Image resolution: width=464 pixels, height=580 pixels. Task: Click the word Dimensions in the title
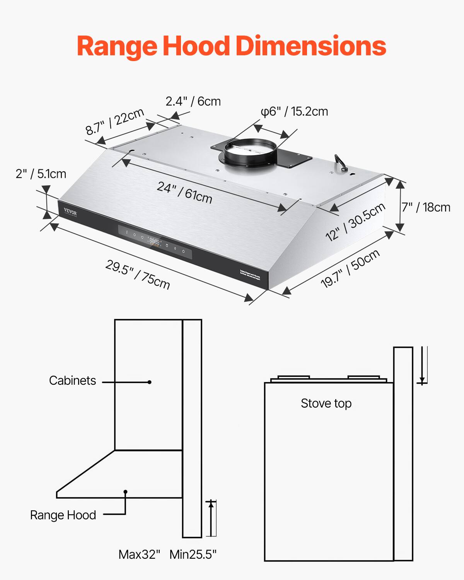310,46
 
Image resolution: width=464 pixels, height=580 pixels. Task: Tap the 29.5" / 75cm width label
138,275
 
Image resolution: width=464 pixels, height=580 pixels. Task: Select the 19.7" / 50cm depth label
350,269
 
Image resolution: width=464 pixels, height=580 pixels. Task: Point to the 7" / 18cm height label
426,207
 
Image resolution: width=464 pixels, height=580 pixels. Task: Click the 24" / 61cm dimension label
184,193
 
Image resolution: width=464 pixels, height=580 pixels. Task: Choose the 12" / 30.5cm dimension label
355,222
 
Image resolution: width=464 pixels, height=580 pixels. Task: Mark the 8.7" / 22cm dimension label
115,122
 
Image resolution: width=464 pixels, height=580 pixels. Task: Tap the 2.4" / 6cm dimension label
193,101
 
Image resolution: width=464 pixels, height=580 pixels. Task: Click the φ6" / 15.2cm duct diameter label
294,111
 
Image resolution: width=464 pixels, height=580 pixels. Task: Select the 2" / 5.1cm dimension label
41,174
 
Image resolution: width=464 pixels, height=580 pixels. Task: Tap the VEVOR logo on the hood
70,213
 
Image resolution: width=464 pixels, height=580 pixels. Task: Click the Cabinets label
72,380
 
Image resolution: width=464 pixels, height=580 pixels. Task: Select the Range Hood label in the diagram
63,515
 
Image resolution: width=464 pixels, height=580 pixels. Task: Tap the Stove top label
326,403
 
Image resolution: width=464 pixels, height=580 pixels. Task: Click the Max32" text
139,554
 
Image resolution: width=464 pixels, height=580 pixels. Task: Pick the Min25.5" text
193,554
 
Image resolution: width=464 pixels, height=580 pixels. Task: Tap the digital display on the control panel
155,242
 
